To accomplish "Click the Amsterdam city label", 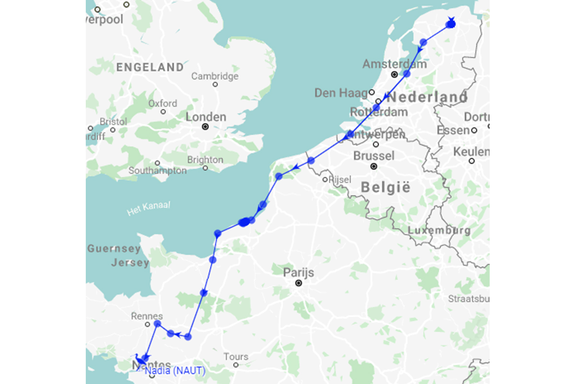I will (x=394, y=64).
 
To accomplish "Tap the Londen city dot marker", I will (x=206, y=127).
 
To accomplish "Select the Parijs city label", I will (x=298, y=273).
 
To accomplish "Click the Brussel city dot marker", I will (x=374, y=167).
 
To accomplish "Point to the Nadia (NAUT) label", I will (x=174, y=371).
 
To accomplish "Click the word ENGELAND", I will (x=150, y=67).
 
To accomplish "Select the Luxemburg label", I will (x=439, y=230).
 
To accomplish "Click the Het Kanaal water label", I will (x=149, y=208).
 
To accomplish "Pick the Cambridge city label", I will (x=215, y=76).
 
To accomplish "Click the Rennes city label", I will (x=147, y=316).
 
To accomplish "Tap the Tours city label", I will (x=236, y=357).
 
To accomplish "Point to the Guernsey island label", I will (x=114, y=249).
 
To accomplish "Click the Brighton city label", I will (x=205, y=160).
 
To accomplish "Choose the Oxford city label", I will (x=162, y=103).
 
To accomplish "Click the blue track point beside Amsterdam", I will (x=407, y=74).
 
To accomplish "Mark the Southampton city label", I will (x=158, y=170).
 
